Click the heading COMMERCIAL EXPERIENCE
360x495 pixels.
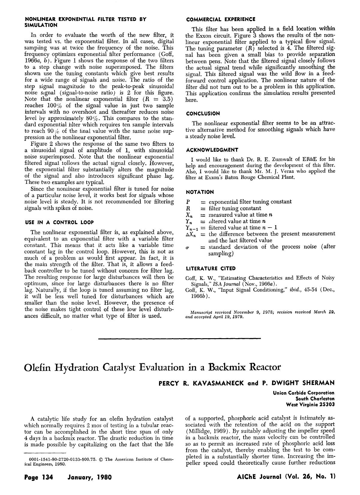[x=220, y=19]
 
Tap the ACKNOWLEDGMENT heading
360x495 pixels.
[x=212, y=150]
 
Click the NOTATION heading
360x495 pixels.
[x=200, y=192]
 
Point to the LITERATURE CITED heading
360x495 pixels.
[x=211, y=268]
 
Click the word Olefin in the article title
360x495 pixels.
[x=39, y=367]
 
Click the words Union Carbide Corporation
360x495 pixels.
[x=304, y=393]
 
